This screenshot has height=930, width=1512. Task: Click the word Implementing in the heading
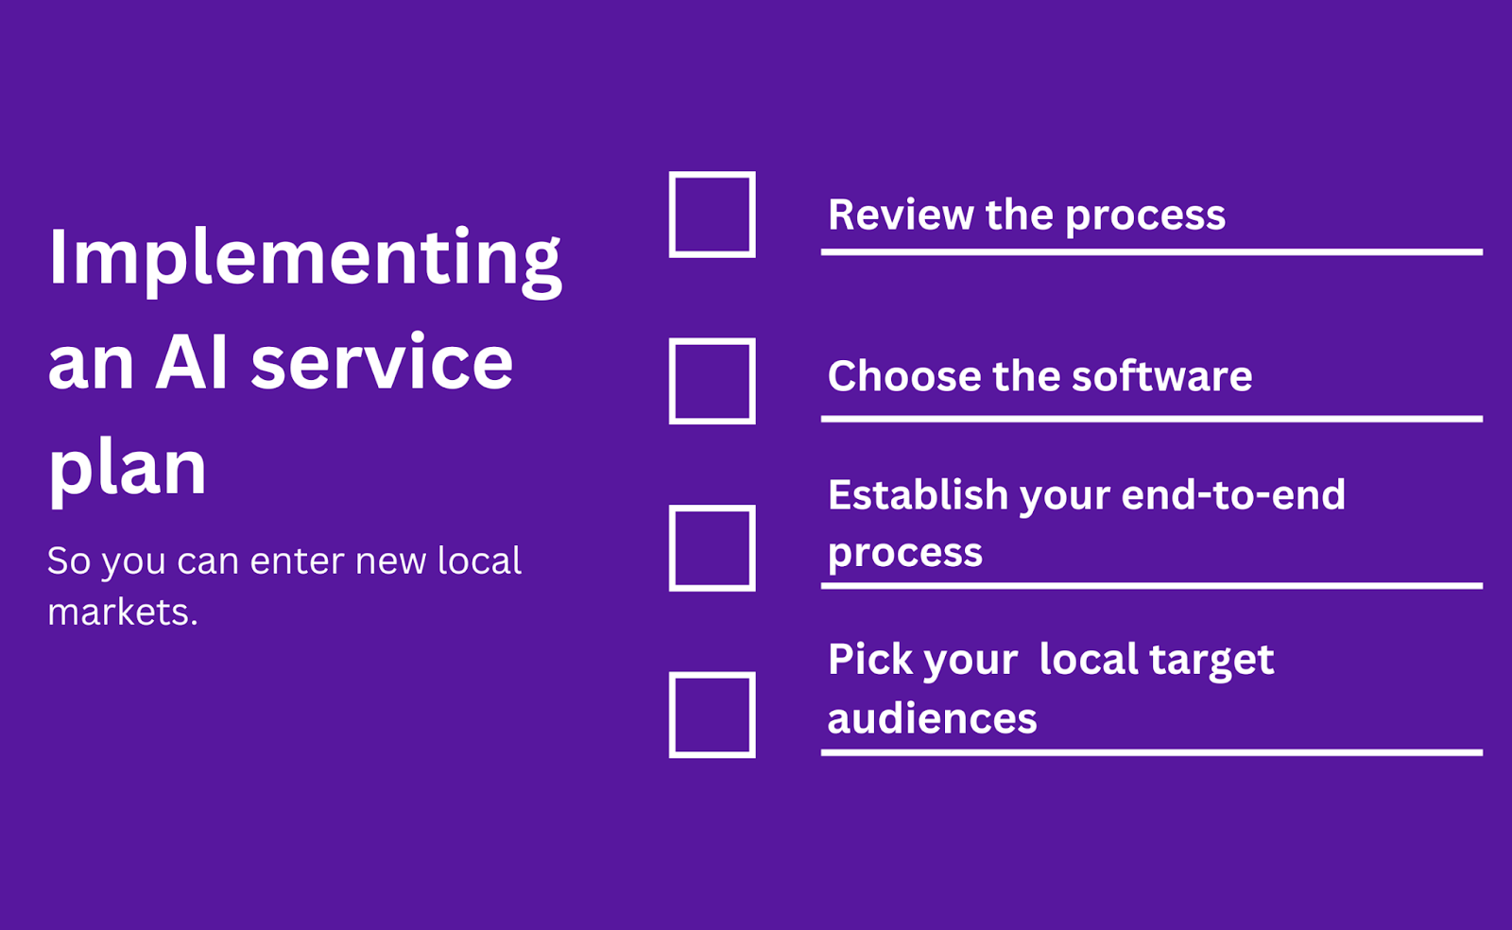pyautogui.click(x=304, y=261)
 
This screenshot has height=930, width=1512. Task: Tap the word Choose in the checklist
pyautogui.click(x=904, y=375)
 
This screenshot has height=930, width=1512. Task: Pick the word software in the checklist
pyautogui.click(x=1162, y=375)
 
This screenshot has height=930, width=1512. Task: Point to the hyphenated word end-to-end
pyautogui.click(x=1233, y=494)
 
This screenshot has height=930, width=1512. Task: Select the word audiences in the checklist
pyautogui.click(x=932, y=717)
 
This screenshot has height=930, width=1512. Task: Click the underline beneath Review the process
pyautogui.click(x=1152, y=251)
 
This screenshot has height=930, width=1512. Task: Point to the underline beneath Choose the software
pyautogui.click(x=1152, y=419)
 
